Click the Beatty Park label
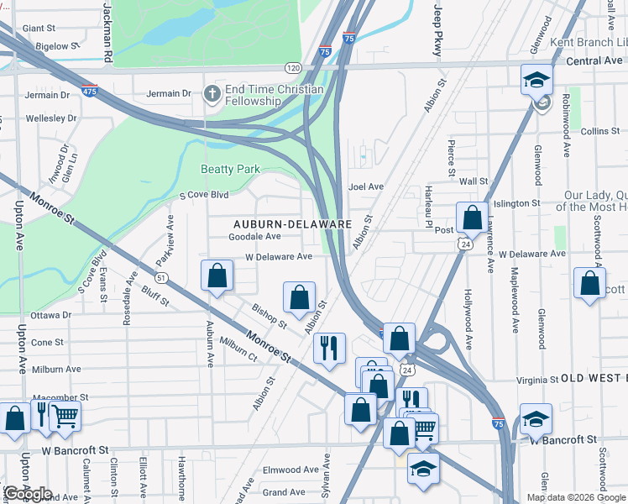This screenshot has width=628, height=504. tap(230, 169)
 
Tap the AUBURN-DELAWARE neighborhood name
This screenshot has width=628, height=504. tap(291, 224)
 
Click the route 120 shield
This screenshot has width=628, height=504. tap(291, 66)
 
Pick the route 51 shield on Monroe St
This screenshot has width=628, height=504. tap(161, 277)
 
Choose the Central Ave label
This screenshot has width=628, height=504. tap(594, 60)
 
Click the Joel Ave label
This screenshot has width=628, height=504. tap(365, 186)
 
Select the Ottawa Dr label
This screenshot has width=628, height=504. tap(50, 315)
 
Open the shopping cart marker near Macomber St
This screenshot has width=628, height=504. tap(65, 415)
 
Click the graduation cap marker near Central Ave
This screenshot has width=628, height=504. tap(536, 80)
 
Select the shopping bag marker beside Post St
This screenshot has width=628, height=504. tap(473, 218)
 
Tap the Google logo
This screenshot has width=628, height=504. tap(28, 494)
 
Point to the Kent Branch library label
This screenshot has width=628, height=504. tap(588, 42)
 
